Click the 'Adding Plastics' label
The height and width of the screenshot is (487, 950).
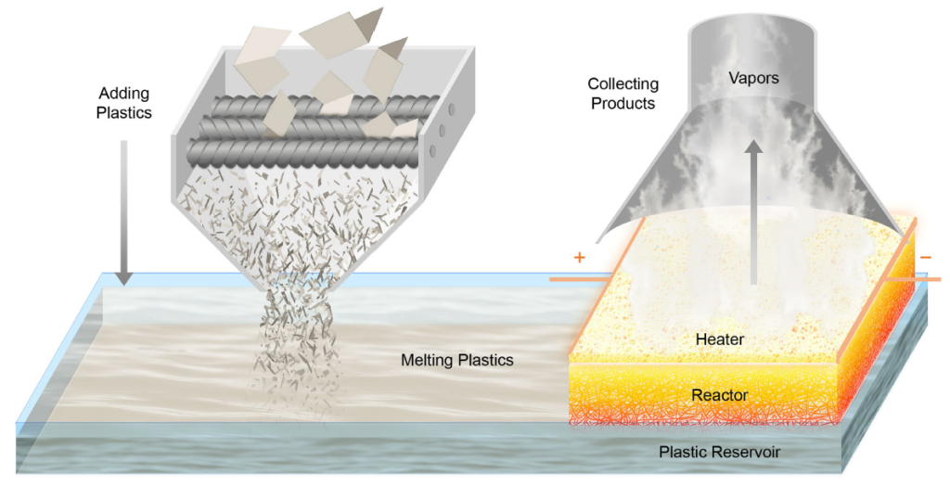125,103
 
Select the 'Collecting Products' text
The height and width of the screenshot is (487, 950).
623,94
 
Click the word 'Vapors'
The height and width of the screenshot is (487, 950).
752,78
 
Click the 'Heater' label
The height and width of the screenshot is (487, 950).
719,340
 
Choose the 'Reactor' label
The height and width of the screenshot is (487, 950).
719,395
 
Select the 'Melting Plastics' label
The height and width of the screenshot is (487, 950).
456,360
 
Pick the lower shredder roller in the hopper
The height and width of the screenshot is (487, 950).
297,147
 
